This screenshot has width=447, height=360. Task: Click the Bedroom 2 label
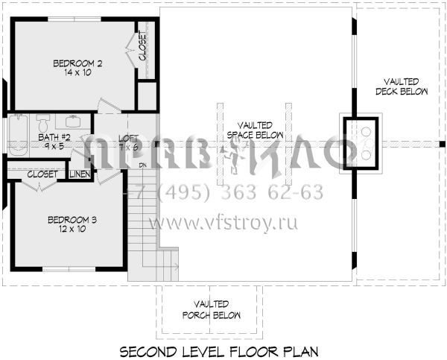[x=77, y=64]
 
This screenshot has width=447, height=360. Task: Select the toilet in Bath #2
[x=43, y=122]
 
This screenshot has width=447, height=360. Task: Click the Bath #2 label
[x=54, y=138]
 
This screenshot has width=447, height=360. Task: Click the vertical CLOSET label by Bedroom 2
[x=142, y=45]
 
